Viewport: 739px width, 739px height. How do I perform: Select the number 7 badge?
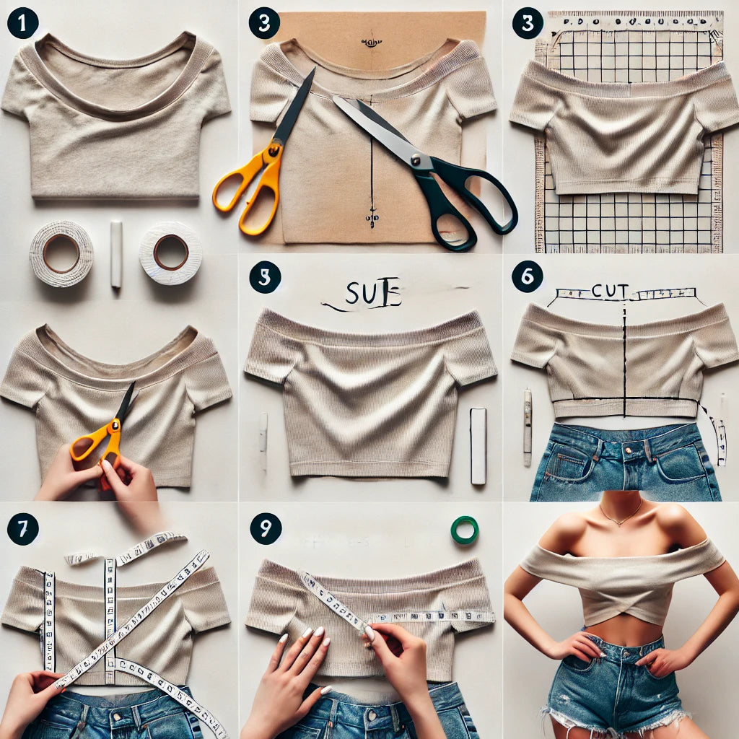tap(22, 530)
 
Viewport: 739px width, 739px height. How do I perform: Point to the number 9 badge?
tap(265, 529)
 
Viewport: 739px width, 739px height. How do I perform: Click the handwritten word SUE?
tap(372, 295)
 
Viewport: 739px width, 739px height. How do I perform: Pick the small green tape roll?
tap(464, 530)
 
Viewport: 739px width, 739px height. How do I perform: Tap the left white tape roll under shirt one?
tap(61, 253)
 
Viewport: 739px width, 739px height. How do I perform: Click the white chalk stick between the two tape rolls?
tap(116, 254)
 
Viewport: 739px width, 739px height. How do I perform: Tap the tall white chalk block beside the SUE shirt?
tap(478, 445)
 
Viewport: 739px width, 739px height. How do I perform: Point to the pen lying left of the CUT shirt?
tap(528, 426)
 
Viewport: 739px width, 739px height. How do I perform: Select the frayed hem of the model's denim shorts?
tap(613, 718)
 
